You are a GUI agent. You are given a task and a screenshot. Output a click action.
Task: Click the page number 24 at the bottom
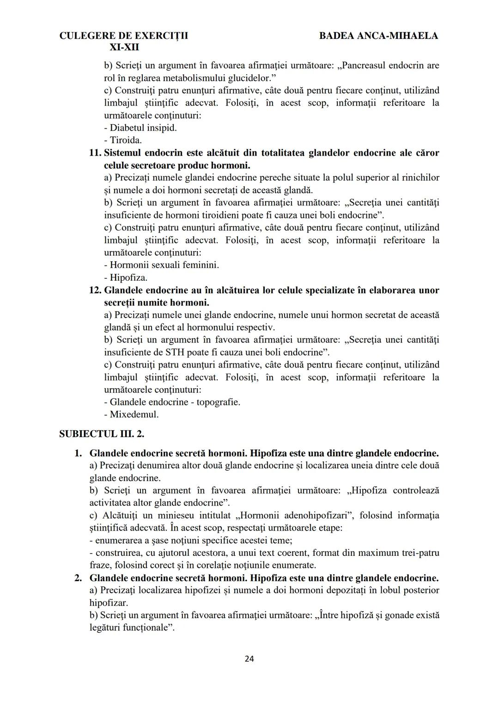[249, 658]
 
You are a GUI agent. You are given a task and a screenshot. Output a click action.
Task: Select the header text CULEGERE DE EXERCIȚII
[124, 36]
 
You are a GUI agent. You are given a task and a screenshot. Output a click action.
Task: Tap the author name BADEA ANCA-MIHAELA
[378, 36]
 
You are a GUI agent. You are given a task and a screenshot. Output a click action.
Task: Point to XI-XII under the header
[124, 48]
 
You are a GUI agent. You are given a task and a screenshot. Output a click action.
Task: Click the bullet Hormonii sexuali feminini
[162, 265]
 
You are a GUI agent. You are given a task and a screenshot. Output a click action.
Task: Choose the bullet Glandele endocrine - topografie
[172, 402]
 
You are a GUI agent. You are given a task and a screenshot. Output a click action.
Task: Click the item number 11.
[95, 153]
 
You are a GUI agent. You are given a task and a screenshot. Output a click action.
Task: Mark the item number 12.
[95, 290]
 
